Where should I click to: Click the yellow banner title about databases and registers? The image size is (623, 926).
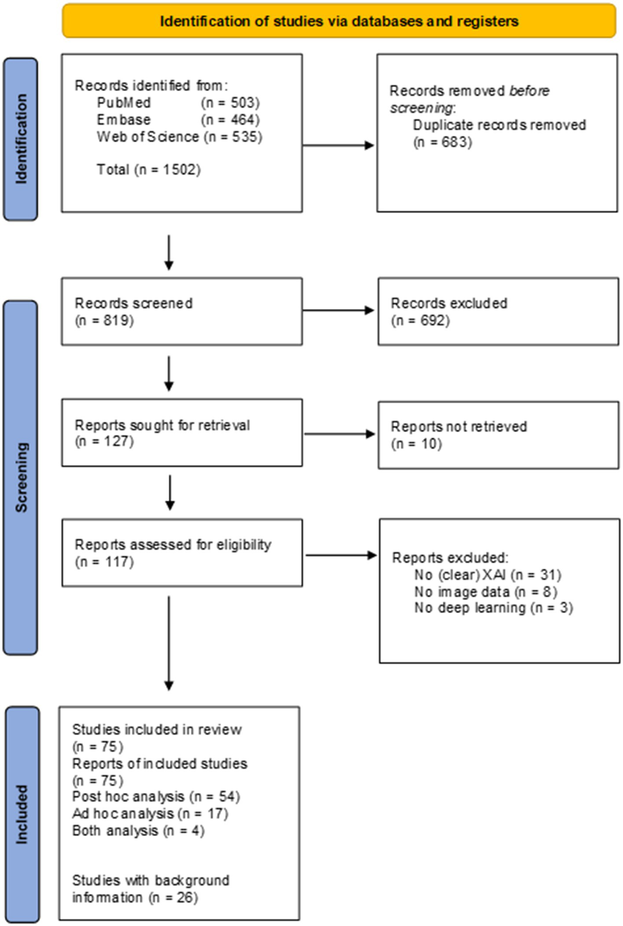[x=339, y=21]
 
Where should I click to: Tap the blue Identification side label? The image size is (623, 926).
[x=21, y=139]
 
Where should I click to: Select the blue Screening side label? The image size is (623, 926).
[x=21, y=477]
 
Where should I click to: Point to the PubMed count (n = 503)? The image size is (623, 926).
[x=230, y=103]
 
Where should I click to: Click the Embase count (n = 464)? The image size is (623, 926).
[x=230, y=120]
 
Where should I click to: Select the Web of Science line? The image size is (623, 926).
[x=179, y=137]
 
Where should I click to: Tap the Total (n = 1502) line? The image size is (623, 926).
[x=148, y=170]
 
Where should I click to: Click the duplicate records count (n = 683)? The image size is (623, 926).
[x=442, y=142]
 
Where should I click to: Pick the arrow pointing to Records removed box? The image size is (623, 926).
[x=338, y=145]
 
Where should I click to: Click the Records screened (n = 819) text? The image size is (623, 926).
[x=133, y=311]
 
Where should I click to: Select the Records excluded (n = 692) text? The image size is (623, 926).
[x=449, y=311]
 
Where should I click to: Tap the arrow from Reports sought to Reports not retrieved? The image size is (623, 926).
[x=339, y=434]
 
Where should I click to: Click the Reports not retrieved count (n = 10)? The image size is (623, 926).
[x=416, y=444]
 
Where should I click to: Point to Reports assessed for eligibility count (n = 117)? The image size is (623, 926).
[x=104, y=562]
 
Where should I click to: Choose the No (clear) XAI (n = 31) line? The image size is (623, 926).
[x=487, y=575]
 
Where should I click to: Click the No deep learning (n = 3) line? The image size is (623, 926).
[x=493, y=608]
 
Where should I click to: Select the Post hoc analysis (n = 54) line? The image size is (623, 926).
[x=156, y=797]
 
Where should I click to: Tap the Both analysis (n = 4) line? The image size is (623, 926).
[x=138, y=831]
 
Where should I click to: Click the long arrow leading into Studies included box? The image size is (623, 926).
[x=169, y=643]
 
